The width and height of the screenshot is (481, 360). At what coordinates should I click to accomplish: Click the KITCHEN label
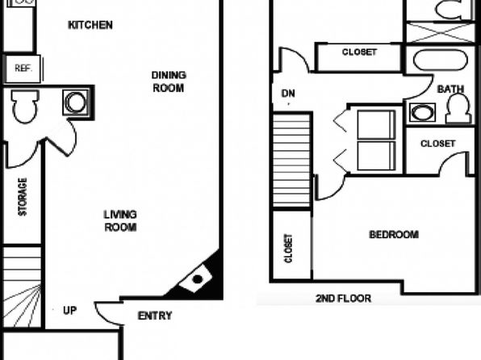click(x=90, y=25)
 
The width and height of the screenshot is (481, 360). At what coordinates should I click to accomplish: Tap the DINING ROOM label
click(x=169, y=82)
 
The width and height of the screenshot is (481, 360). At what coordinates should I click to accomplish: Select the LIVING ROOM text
click(x=120, y=220)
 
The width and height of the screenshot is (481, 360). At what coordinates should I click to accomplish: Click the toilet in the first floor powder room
click(x=25, y=107)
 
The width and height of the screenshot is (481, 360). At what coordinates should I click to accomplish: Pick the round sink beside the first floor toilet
click(x=76, y=103)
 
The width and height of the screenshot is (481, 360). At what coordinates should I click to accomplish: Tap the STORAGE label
click(x=23, y=197)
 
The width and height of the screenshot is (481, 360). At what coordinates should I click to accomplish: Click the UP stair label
click(x=70, y=311)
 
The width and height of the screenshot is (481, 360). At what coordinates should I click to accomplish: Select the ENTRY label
click(x=155, y=316)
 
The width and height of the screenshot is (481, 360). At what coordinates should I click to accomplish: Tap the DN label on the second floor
click(x=288, y=94)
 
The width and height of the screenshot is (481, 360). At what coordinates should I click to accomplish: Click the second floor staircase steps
click(x=291, y=161)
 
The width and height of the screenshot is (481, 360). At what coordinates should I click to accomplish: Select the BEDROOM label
click(x=394, y=235)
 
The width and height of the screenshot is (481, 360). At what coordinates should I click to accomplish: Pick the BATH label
click(x=450, y=90)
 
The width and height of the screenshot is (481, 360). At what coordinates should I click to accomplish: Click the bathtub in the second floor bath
click(x=441, y=60)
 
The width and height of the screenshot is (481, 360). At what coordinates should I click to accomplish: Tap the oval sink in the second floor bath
click(x=422, y=112)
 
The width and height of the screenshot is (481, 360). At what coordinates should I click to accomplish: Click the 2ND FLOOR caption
click(x=343, y=299)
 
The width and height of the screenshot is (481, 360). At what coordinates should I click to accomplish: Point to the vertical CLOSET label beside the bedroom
click(x=288, y=249)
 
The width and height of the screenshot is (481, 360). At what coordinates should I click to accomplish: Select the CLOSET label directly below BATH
click(x=437, y=144)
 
